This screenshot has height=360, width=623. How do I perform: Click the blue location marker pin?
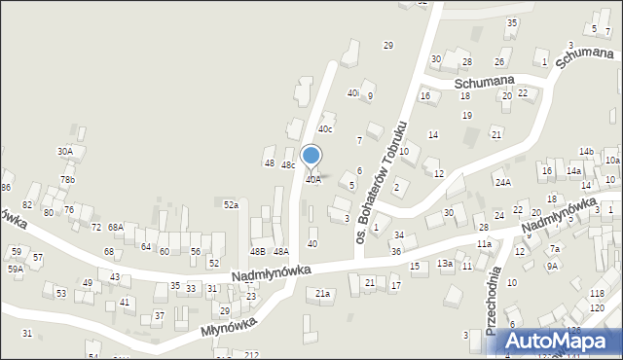click(311, 156)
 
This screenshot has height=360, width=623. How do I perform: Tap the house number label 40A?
click(313, 179)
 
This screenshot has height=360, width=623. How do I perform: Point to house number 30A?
click(65, 151)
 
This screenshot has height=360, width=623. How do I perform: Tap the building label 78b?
click(67, 180)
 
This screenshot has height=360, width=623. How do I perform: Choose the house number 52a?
click(231, 205)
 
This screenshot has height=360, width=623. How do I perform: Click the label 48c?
click(288, 165)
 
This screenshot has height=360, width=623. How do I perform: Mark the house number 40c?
click(325, 129)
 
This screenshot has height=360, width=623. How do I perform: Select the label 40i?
click(352, 93)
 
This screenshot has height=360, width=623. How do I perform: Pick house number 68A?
click(115, 227)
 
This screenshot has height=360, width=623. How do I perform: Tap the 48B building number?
click(257, 252)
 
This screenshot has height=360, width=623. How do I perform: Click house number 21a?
click(322, 293)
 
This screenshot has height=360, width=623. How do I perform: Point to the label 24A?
click(502, 182)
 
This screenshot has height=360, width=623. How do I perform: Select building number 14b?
click(586, 152)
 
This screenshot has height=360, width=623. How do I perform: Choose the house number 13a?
click(444, 264)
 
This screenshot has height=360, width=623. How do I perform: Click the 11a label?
click(484, 243)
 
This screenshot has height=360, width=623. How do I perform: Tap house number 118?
click(596, 293)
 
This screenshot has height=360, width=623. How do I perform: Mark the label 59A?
click(16, 270)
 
